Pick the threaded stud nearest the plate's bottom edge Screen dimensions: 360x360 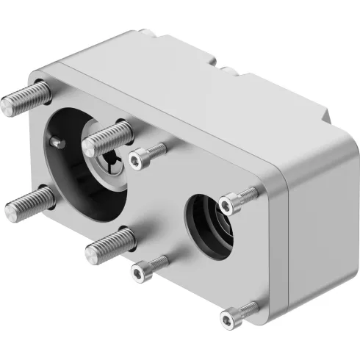[110, 245]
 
